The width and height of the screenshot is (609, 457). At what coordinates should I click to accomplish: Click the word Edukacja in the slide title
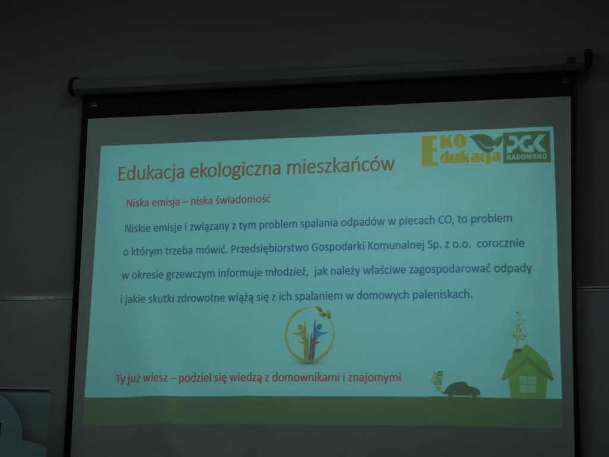coord(150,172)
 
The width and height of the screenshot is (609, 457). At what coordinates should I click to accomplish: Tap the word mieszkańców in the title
coord(341,165)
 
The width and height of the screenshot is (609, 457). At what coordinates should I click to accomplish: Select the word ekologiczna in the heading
coord(236,169)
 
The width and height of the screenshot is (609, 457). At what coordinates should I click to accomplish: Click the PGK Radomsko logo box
coord(527,146)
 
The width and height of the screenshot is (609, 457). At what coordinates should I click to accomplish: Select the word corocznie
coord(501,243)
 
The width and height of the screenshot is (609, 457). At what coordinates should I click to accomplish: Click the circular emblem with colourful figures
coord(309,335)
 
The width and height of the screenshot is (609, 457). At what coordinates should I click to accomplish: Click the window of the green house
coord(528,384)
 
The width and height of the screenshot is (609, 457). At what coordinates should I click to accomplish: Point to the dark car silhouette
coord(462,389)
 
